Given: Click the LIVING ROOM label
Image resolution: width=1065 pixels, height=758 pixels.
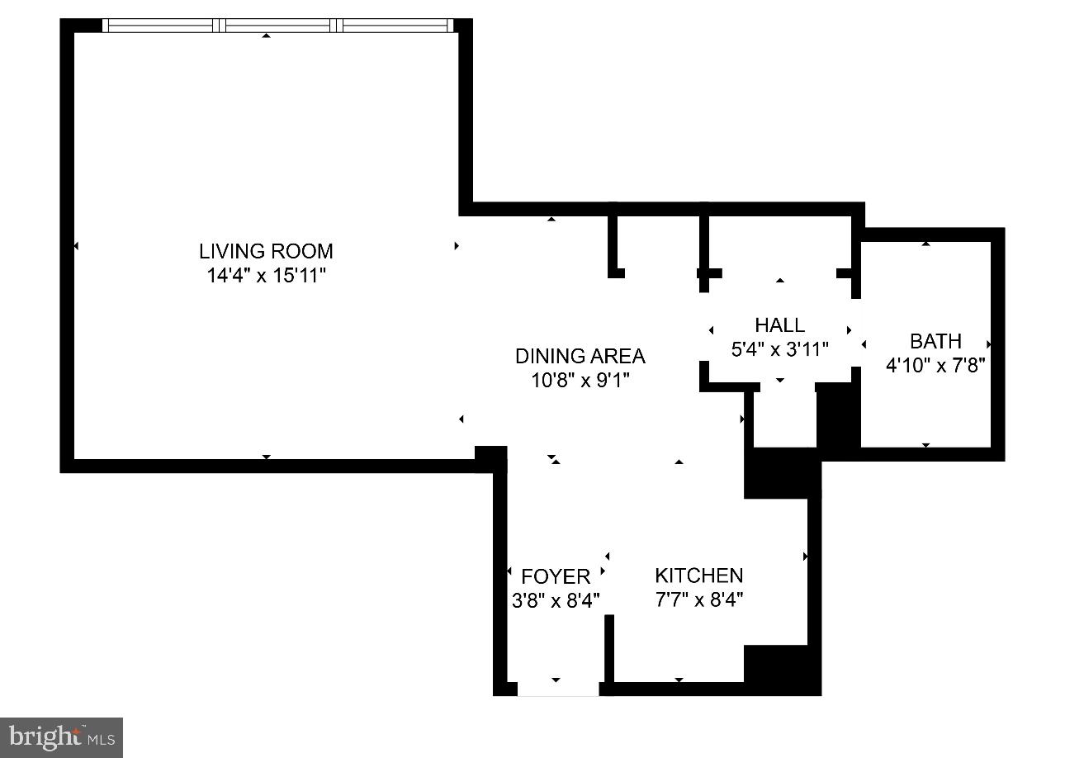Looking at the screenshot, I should pos(266,251).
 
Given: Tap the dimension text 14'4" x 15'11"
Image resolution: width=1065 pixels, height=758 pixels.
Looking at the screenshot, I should pos(266,276).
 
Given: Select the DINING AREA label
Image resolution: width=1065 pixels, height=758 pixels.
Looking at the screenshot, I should pos(580,356).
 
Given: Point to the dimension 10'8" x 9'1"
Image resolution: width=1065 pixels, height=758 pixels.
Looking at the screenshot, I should pos(580,381).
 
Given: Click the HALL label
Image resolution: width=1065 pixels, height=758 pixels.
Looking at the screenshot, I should pos(779,325).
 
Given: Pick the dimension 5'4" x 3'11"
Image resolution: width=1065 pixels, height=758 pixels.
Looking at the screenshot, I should pos(779,349).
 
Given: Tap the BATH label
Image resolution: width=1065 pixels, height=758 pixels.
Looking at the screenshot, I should pos(935,341).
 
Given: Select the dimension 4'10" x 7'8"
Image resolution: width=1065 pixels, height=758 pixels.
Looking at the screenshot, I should pos(935,365).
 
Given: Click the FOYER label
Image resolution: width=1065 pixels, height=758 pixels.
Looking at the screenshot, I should pos(556,576).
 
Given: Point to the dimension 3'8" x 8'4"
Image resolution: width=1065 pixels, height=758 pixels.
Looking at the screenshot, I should pos(556,599).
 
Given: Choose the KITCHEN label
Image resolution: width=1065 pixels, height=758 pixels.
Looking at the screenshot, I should pos(698,576).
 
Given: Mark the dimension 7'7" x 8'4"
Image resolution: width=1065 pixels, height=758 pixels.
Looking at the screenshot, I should pos(698,599).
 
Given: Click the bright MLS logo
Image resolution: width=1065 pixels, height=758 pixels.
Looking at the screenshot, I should pos(61,737).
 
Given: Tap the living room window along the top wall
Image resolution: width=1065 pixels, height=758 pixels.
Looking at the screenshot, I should pos(277,26).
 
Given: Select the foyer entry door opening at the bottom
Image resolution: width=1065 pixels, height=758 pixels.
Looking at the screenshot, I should pos(558,689).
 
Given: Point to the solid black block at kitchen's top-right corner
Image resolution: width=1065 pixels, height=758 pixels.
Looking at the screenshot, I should pos(780,474).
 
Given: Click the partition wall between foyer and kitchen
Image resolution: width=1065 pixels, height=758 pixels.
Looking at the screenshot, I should pos(609,647).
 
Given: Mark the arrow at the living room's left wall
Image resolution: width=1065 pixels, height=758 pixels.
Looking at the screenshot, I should pos(76,246).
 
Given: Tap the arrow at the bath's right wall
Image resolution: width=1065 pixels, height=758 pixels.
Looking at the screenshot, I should pos(987,343).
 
